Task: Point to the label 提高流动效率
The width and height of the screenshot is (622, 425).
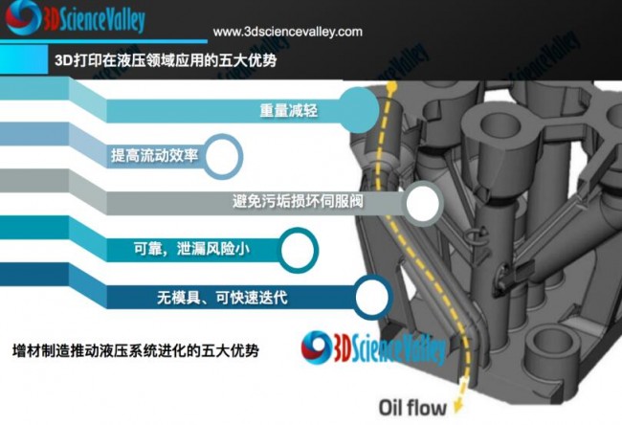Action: click(x=154, y=154)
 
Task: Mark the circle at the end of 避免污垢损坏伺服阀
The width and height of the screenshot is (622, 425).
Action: click(x=421, y=202)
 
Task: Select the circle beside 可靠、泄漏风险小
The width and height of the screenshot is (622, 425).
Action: click(x=299, y=249)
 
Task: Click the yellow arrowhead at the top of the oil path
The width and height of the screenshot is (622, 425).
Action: click(x=392, y=90)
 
